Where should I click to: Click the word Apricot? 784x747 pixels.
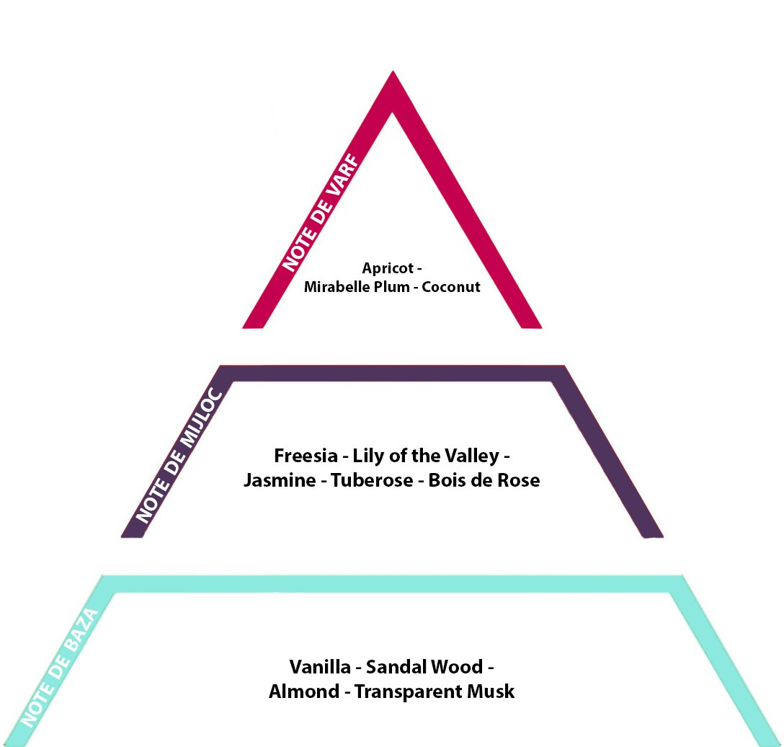click(x=388, y=269)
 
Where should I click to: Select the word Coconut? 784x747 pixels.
click(x=451, y=287)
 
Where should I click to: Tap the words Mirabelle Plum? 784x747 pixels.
click(x=357, y=287)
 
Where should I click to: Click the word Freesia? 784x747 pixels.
click(x=306, y=456)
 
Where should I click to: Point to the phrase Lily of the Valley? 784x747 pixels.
click(x=426, y=456)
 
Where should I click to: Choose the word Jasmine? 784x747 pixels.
click(x=280, y=480)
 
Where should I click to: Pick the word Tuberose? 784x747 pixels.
click(x=372, y=480)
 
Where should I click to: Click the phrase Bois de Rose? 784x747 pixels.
click(x=484, y=480)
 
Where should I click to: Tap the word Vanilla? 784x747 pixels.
click(x=320, y=667)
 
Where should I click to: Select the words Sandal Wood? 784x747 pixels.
click(x=424, y=667)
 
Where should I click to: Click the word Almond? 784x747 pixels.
click(x=304, y=691)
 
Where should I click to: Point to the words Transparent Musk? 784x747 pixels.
click(x=435, y=691)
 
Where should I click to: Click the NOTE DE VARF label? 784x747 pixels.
click(x=321, y=213)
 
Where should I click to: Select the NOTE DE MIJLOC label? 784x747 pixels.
click(x=179, y=455)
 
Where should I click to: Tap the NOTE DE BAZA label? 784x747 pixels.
click(x=59, y=668)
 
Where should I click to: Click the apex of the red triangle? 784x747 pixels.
click(x=393, y=71)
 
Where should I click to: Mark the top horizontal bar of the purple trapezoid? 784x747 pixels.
click(x=393, y=373)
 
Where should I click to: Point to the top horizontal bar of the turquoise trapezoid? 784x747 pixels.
click(x=393, y=584)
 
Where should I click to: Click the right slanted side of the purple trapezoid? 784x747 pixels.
click(x=608, y=452)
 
